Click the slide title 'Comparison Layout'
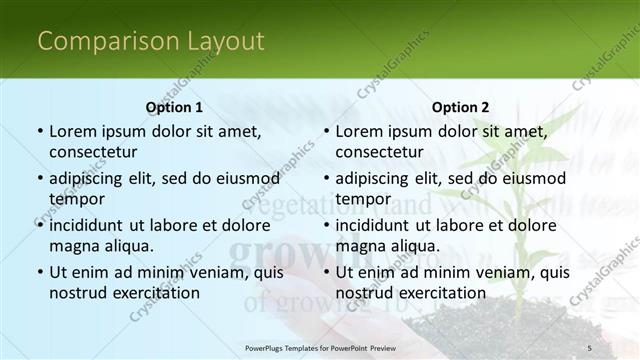(151, 41)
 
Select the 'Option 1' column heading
(174, 107)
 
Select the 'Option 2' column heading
(461, 107)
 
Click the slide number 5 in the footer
(590, 347)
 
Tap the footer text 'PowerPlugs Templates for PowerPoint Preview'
(320, 347)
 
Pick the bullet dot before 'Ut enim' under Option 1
(40, 272)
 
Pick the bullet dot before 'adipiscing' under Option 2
(326, 179)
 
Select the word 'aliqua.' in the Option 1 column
(126, 246)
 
